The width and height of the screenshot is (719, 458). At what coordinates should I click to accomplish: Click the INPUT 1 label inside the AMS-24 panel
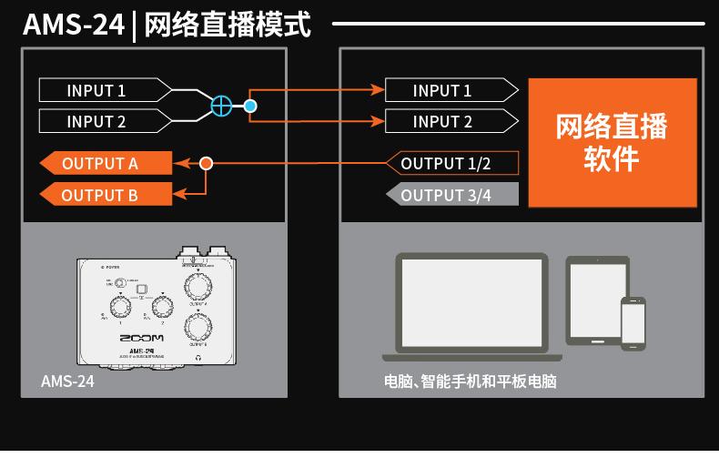pos(96,90)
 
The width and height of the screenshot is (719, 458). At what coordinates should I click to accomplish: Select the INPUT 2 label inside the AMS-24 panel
pos(96,121)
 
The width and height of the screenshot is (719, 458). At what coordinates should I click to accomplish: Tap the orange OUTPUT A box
pos(105,164)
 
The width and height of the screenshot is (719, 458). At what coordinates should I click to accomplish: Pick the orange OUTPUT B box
pos(105,195)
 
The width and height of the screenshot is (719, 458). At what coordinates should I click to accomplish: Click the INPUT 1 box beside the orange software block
pos(442,90)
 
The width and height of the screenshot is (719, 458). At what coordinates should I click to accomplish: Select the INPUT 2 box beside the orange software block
pos(442,121)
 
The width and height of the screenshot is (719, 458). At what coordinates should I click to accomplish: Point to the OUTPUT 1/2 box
pos(446,164)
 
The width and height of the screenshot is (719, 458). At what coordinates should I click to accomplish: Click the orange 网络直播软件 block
pos(612,142)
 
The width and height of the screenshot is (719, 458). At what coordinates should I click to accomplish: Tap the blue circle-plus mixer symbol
pos(221,106)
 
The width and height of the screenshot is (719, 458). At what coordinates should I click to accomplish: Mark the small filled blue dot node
pos(250,106)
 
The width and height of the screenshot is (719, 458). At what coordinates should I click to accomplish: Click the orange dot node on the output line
pos(206,164)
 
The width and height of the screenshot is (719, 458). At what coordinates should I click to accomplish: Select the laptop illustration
pos(471,307)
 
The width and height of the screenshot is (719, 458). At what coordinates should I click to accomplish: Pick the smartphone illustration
pos(633,322)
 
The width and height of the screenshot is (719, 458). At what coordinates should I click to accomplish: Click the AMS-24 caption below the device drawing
pos(67,382)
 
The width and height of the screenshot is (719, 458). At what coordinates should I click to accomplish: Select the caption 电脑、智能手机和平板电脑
pos(470,382)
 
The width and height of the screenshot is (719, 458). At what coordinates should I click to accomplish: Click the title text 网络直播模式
pos(228,25)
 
